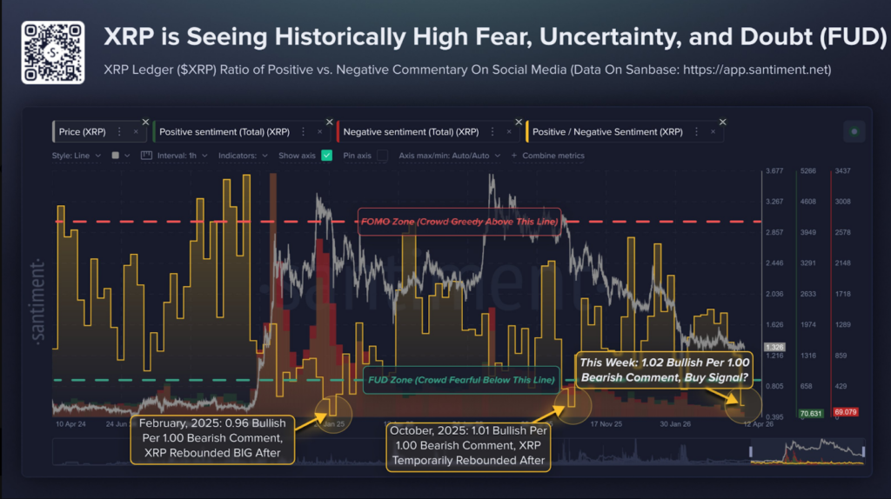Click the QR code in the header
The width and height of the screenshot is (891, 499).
tap(53, 53)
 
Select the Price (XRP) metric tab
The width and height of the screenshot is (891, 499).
tap(82, 131)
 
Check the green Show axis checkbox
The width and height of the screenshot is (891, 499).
tap(327, 156)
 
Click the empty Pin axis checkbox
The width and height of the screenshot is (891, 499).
tap(382, 156)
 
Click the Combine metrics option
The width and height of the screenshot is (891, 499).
tap(553, 156)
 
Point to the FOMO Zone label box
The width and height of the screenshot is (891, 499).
tap(459, 222)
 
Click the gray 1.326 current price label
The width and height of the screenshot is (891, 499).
tap(774, 347)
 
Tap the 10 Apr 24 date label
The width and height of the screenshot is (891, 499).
tap(70, 425)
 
